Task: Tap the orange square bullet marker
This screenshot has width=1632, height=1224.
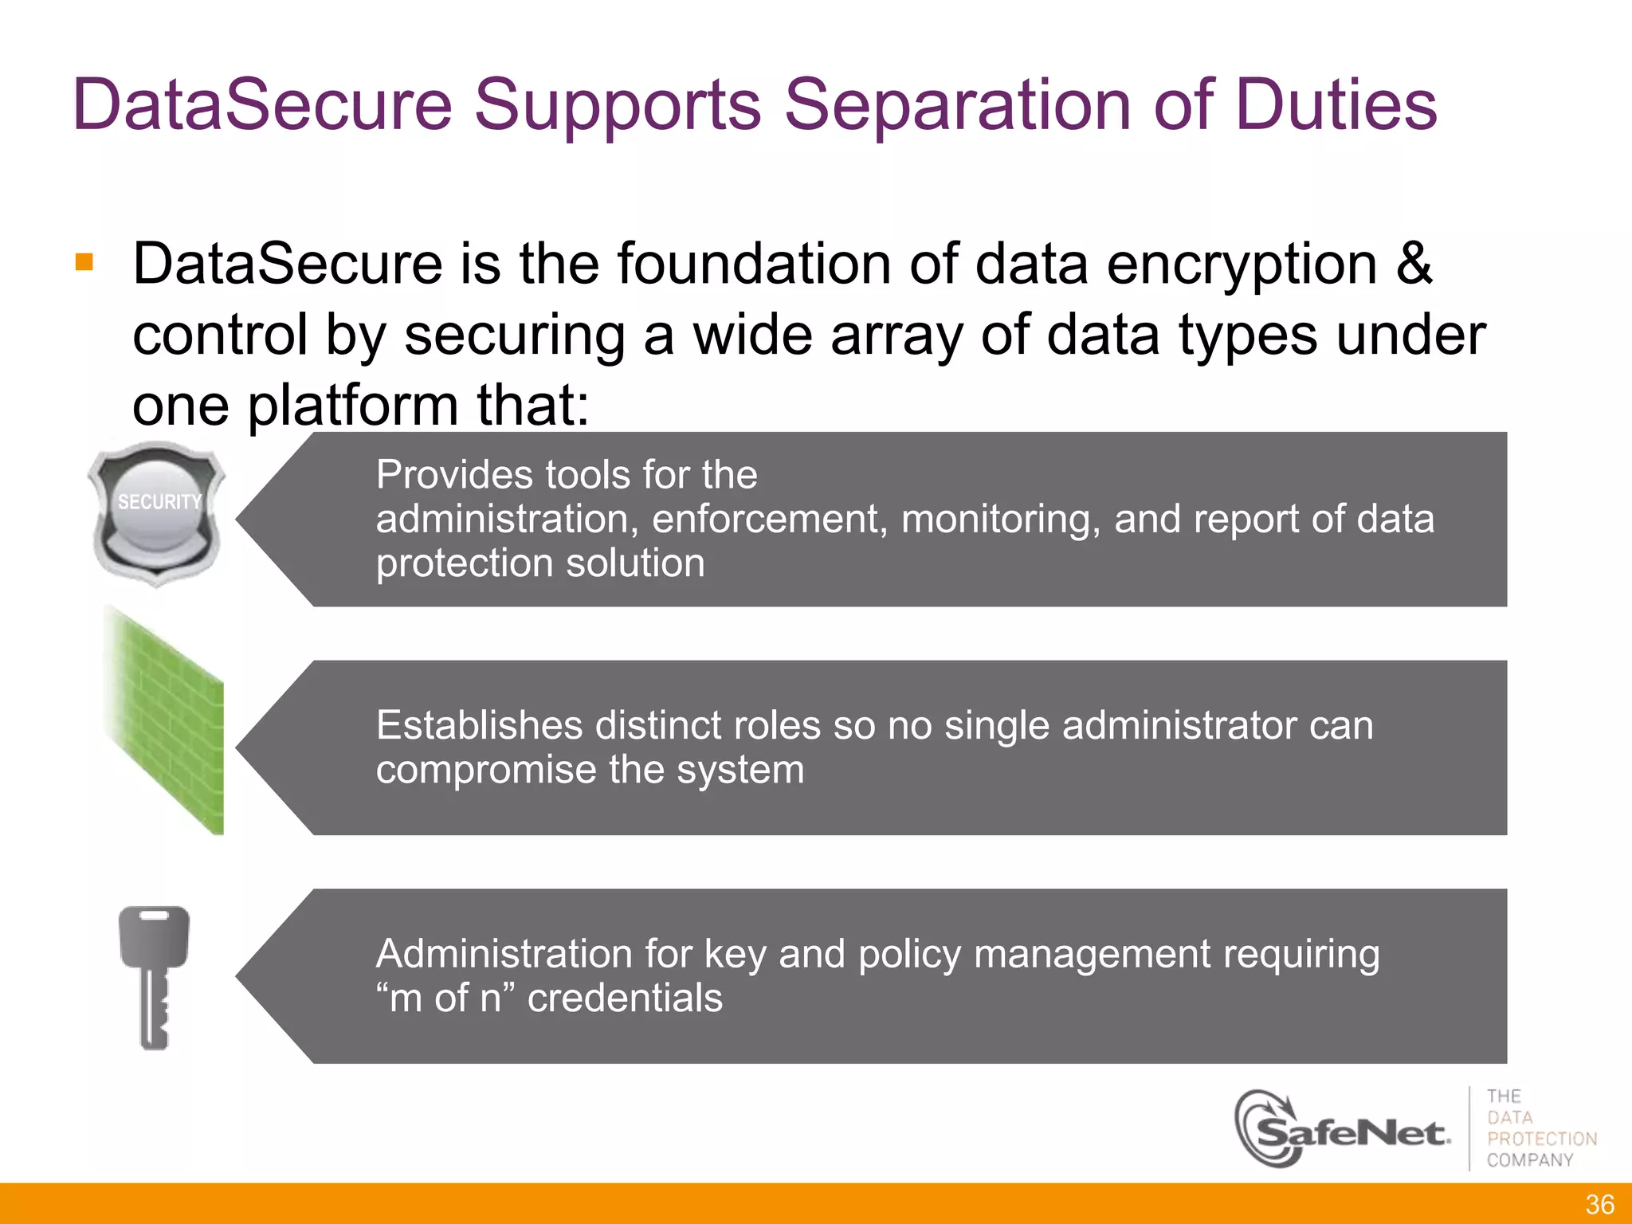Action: tap(84, 262)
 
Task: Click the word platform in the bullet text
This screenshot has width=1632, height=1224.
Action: tap(353, 406)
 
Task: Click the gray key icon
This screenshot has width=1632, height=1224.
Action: tap(153, 976)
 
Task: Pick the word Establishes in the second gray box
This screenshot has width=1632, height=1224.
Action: tap(480, 725)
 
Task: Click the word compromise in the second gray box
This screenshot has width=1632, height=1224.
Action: tap(486, 770)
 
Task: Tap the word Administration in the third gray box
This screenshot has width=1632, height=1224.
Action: tap(504, 954)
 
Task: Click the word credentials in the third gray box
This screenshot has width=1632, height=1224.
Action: tap(625, 998)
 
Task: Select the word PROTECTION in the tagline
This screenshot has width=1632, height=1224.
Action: tap(1542, 1139)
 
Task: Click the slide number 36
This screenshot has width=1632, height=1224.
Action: tap(1599, 1204)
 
